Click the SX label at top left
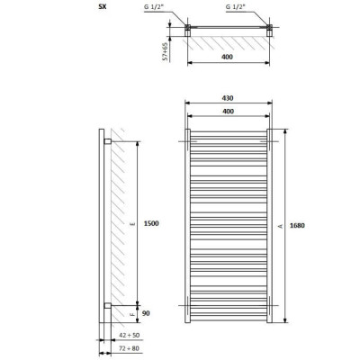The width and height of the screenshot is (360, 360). pos(103,6)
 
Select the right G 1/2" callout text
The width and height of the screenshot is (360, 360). pos(235,7)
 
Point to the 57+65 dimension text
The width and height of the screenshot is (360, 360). pos(165,52)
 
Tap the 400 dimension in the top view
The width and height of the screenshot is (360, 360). pos(227,57)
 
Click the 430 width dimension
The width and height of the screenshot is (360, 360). pos(228,98)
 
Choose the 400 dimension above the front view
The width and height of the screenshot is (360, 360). pos(229,112)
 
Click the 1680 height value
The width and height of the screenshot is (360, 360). pos(297,226)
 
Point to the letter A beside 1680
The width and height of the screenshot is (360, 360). pos(281,226)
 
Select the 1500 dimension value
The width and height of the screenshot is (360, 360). pos(151,223)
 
